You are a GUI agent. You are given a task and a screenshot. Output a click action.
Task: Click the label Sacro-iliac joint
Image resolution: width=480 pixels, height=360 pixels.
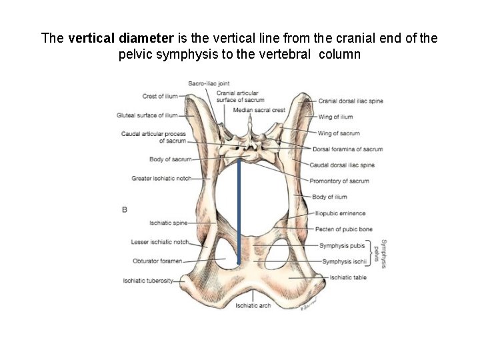pos(209,83)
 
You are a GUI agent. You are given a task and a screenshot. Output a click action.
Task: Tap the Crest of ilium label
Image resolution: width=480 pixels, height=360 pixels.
pos(160,96)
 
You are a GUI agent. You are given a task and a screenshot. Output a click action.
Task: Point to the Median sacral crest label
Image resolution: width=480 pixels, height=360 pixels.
pos(259,109)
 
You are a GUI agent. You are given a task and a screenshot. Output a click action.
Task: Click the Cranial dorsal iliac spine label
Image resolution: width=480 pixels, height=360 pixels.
pos(351,101)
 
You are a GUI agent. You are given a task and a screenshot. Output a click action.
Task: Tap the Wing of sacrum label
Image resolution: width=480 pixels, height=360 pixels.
pos(339,133)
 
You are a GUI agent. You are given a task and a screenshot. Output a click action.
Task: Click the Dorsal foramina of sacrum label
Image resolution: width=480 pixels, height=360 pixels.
pos(347,149)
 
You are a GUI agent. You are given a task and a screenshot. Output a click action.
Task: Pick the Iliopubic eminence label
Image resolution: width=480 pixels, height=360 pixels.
pos(340,213)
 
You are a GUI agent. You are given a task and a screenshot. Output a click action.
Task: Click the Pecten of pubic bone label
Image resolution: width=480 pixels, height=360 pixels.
pos(343,229)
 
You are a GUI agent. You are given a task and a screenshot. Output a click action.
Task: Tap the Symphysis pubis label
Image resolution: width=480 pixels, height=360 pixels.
pos(341,245)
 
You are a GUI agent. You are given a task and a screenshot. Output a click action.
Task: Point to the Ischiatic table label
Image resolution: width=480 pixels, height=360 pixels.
pos(347,277)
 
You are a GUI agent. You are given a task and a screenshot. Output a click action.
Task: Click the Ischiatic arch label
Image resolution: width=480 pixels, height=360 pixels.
pos(254,306)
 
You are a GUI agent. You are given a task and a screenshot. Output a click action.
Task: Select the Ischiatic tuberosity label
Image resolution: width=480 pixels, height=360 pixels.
pos(148,281)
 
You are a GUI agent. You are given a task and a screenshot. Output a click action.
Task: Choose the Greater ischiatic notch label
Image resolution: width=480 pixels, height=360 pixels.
pos(162,179)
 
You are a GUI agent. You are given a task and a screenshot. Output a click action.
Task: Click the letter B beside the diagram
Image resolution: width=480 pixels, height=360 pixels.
pos(125,209)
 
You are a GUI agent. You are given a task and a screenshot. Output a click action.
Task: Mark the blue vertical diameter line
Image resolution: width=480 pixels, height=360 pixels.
pos(239,213)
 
